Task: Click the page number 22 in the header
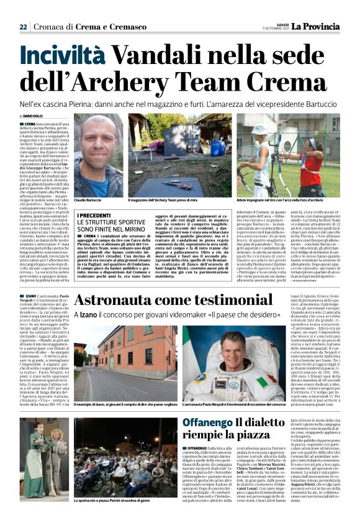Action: [x=24, y=27]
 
